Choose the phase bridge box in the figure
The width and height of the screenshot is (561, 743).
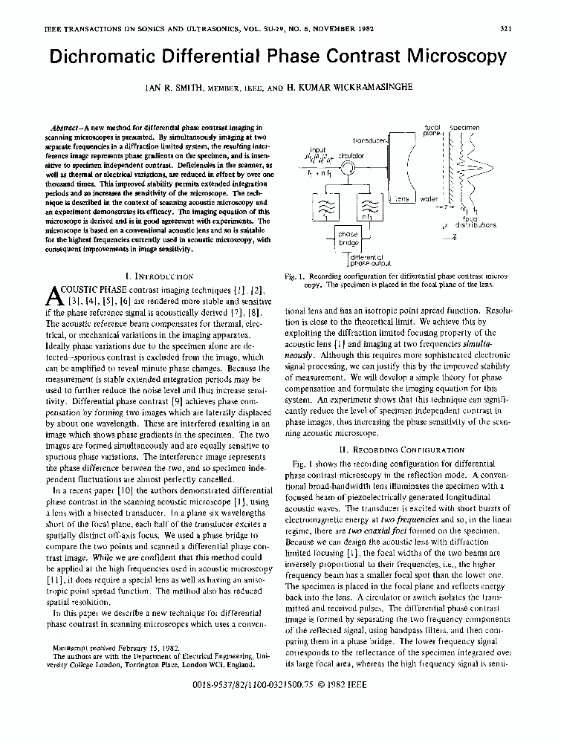coord(348,239)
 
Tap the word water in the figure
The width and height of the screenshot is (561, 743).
coord(429,199)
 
